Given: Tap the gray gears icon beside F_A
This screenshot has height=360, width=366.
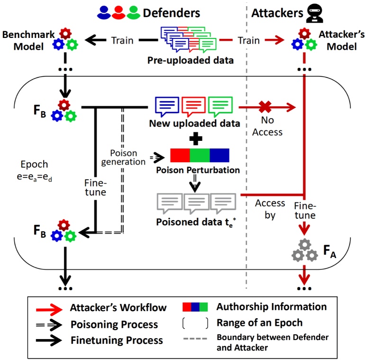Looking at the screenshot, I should (304, 250).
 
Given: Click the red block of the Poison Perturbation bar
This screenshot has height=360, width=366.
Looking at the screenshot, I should (180, 156).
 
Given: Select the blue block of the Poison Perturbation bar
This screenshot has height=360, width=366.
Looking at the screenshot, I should (219, 156).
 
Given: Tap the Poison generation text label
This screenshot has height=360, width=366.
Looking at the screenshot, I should (125, 157).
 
